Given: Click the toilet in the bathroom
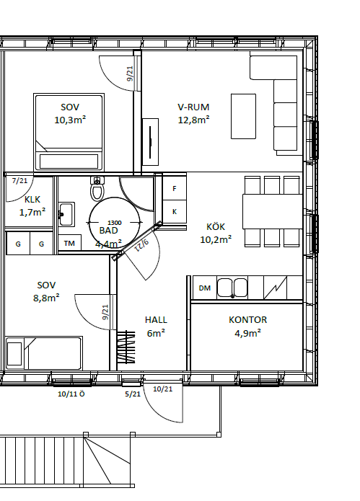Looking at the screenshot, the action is (97, 189).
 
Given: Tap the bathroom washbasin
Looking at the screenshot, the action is (66, 214).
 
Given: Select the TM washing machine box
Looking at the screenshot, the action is (70, 244).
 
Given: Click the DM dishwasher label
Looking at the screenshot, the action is (205, 288).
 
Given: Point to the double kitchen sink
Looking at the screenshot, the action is (232, 288).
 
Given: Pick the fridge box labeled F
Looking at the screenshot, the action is (175, 189).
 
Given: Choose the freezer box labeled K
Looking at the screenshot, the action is (175, 212).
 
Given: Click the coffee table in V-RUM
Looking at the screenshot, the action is (243, 116).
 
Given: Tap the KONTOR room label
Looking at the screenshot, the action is (247, 320).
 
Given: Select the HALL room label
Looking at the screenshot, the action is (156, 320).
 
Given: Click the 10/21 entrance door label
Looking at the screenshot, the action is (163, 389).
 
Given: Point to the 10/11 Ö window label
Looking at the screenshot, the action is (71, 394).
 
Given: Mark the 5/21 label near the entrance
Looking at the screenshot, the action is (133, 394).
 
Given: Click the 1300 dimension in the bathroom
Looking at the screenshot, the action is (115, 223).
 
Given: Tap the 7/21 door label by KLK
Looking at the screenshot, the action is (19, 181).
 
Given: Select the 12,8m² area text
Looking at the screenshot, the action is (194, 120).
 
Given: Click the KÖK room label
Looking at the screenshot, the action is (216, 227).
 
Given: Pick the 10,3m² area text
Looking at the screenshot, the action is (70, 120).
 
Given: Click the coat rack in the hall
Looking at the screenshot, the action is (126, 347).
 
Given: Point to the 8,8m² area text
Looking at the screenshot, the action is (46, 298).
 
